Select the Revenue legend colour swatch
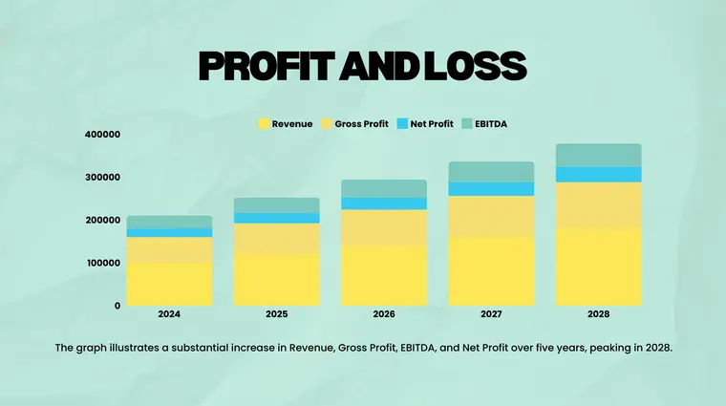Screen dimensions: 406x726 (265, 124)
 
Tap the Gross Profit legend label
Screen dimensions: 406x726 (361, 124)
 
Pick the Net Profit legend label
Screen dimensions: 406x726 (432, 124)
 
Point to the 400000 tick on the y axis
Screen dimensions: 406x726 (102, 135)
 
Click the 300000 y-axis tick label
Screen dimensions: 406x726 (102, 178)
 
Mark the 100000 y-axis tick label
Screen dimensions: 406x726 (102, 263)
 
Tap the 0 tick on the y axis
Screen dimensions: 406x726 (117, 306)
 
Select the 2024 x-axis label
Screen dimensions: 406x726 (169, 314)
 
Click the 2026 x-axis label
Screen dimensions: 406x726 (384, 314)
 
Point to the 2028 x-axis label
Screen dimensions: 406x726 (599, 314)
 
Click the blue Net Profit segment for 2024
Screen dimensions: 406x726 (169, 232)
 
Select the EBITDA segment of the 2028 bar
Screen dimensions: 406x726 (599, 155)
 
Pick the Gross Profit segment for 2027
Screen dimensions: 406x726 (491, 217)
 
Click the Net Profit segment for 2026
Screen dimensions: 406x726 (384, 203)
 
